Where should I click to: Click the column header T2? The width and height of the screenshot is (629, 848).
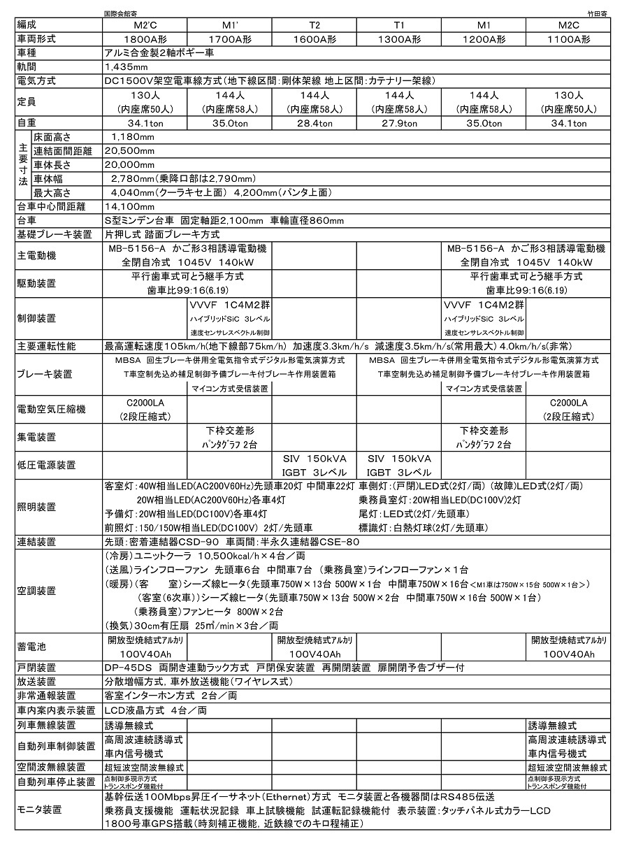click(314, 26)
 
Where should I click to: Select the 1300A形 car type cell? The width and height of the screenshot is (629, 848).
click(398, 40)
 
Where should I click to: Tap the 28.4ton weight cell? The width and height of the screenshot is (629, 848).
click(314, 123)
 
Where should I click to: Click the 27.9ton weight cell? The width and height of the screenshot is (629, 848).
click(398, 123)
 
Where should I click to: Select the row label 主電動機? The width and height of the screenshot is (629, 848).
click(36, 255)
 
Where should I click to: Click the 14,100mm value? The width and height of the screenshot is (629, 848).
click(129, 206)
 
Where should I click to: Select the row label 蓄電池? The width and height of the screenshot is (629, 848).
click(31, 647)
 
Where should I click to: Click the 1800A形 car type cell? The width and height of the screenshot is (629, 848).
click(145, 40)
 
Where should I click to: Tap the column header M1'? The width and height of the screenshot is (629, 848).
click(229, 26)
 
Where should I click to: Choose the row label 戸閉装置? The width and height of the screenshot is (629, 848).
click(36, 667)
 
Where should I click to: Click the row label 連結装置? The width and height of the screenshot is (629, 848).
click(36, 542)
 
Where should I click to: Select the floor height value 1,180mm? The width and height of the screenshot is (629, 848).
click(129, 137)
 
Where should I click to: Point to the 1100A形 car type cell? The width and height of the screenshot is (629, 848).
click(567, 40)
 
